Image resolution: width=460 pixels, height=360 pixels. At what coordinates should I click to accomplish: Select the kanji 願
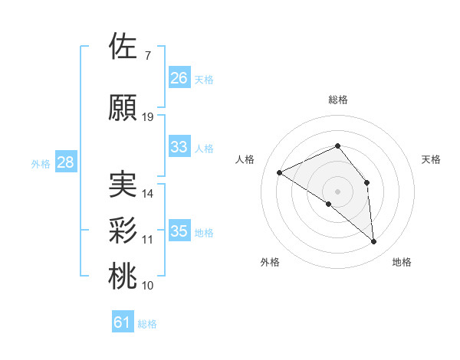click(123, 108)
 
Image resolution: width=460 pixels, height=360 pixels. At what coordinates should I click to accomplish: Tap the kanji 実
click(123, 185)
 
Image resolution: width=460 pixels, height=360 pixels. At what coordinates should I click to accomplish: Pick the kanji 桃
click(123, 277)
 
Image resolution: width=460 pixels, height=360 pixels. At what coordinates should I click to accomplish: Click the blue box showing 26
click(179, 78)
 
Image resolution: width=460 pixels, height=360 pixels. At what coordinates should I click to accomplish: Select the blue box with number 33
click(179, 147)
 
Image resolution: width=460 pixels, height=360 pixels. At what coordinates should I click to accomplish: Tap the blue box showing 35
click(179, 231)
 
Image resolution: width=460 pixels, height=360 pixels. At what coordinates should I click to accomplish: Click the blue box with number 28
click(65, 162)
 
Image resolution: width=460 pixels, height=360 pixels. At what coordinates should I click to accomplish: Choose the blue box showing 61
click(123, 323)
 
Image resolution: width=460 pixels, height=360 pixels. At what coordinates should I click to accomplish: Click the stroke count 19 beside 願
click(148, 117)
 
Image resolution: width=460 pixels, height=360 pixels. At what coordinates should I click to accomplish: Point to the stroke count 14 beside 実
click(148, 194)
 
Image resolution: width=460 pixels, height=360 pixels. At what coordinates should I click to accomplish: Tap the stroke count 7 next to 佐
click(147, 56)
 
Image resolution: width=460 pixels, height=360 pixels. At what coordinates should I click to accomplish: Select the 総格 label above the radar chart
click(337, 100)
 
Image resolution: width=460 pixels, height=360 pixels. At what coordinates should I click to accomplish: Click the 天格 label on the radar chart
click(431, 159)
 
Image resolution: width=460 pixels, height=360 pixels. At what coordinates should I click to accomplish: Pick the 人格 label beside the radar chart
click(245, 159)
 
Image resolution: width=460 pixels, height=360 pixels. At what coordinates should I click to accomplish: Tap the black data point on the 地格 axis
click(374, 242)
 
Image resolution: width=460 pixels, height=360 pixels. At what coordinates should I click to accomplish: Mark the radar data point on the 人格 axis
click(280, 172)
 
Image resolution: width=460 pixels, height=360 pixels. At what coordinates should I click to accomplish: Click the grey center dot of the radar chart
click(337, 191)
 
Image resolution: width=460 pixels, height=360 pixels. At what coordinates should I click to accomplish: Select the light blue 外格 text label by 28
click(40, 163)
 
